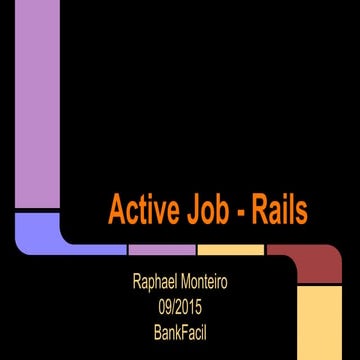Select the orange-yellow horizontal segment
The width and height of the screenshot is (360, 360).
[x=230, y=248]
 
